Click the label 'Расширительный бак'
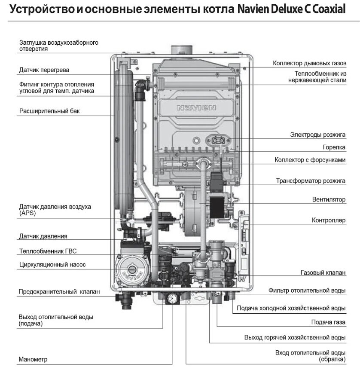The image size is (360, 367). [x=49, y=111]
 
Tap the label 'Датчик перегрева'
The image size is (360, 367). [x=44, y=70]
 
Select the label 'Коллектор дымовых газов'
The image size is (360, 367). [x=309, y=63]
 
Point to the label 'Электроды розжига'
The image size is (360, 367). [x=318, y=135]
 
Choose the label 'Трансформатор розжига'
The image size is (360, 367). [x=311, y=181]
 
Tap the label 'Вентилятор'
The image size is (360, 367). [x=329, y=199]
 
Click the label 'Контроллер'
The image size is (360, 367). [x=329, y=220]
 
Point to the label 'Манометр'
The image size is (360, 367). [x=33, y=359]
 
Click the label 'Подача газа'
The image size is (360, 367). [x=328, y=322]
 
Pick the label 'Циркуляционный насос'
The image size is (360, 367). [x=52, y=265]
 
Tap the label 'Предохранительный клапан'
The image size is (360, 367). [x=59, y=291]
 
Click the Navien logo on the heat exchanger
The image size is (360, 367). [x=196, y=108]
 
